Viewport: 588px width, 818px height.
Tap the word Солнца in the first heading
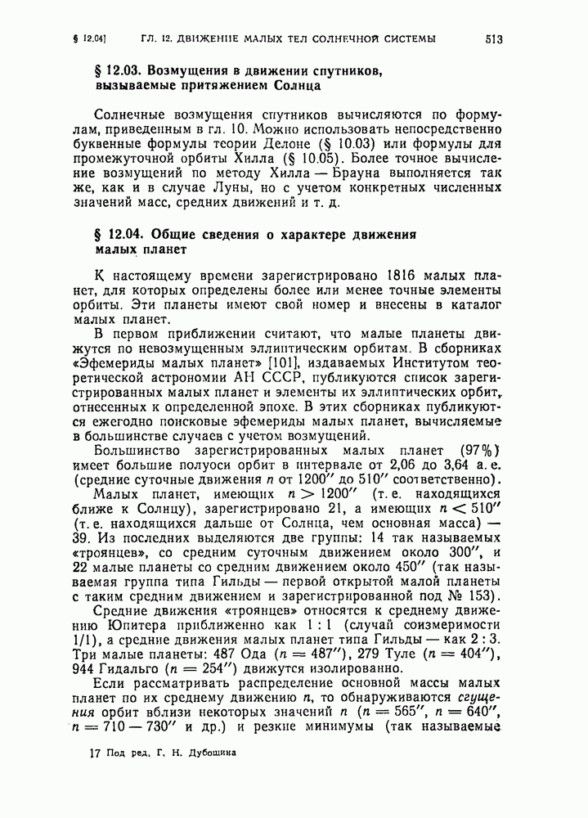click(x=296, y=85)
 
